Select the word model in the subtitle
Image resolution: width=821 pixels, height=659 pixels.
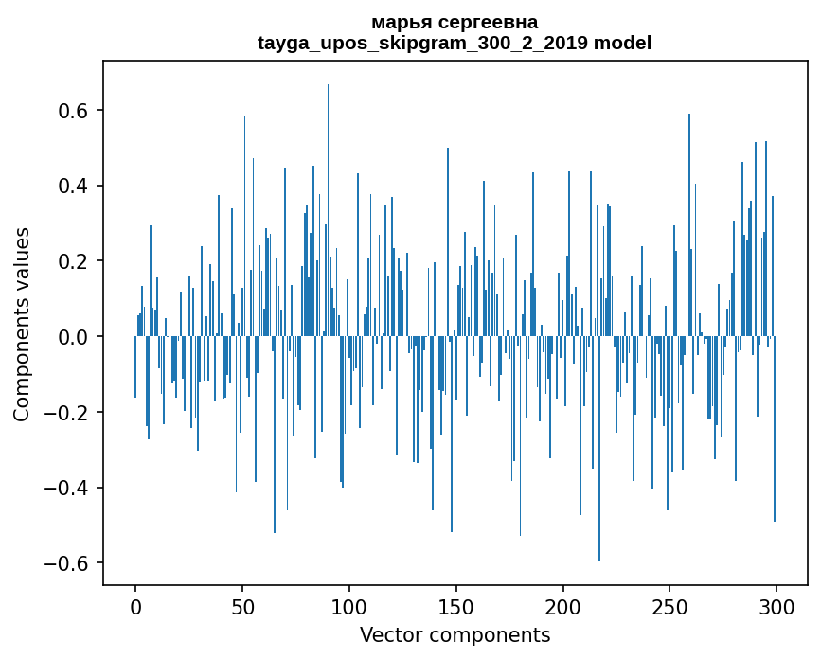[622, 43]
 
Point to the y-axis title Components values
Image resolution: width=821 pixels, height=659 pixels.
[22, 324]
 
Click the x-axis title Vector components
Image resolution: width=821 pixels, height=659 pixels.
[455, 634]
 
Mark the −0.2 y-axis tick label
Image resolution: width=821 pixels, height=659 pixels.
[65, 413]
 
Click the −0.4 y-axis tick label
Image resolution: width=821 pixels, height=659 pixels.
[65, 489]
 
